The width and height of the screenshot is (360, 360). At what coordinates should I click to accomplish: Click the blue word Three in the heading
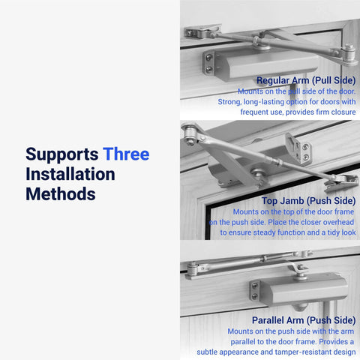click(x=126, y=154)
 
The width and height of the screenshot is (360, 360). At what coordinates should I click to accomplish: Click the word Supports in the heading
click(x=62, y=154)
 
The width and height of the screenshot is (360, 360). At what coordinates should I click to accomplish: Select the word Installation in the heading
click(x=70, y=174)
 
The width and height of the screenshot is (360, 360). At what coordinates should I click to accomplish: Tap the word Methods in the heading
click(x=60, y=193)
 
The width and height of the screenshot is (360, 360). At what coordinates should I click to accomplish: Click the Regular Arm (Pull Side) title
click(x=306, y=79)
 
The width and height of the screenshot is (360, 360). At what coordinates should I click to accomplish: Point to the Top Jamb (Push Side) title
click(x=309, y=201)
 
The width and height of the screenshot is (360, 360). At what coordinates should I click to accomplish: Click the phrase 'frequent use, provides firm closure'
click(x=298, y=112)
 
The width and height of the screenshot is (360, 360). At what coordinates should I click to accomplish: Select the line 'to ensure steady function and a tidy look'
click(x=288, y=232)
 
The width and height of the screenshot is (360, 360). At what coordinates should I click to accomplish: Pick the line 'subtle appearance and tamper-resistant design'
click(x=276, y=351)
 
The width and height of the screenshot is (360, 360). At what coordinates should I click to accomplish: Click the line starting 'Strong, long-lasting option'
click(x=298, y=101)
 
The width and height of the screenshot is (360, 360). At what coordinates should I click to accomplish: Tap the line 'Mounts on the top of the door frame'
click(x=294, y=212)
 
